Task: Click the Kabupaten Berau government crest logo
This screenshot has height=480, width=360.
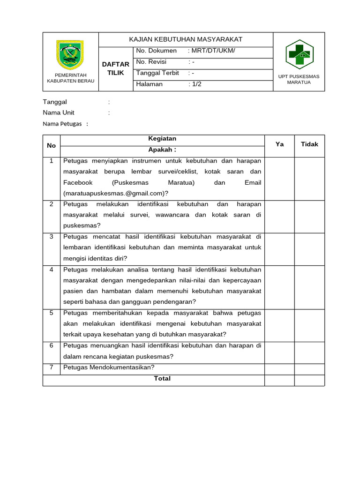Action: point(70,54)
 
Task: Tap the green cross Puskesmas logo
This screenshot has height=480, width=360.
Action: point(299,53)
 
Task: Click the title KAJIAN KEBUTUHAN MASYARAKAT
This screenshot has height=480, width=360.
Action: point(186,39)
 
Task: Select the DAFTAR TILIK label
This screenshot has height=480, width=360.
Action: point(115,68)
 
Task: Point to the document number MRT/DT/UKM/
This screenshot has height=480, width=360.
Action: point(211,51)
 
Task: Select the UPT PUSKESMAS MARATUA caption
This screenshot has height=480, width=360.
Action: point(299,79)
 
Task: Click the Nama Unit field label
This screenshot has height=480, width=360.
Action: point(59,112)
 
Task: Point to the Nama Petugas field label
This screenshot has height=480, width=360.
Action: point(62,124)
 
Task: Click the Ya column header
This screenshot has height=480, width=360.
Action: point(279,144)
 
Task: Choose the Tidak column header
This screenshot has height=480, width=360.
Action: point(309,144)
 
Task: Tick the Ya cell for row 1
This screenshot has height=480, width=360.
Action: point(279,179)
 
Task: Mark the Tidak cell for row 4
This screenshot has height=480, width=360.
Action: point(309,287)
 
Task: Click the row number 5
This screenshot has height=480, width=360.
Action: point(52,313)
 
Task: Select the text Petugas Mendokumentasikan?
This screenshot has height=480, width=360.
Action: point(109,367)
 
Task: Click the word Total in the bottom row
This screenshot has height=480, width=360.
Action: point(162,379)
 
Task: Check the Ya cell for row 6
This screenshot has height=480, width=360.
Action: point(279,352)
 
